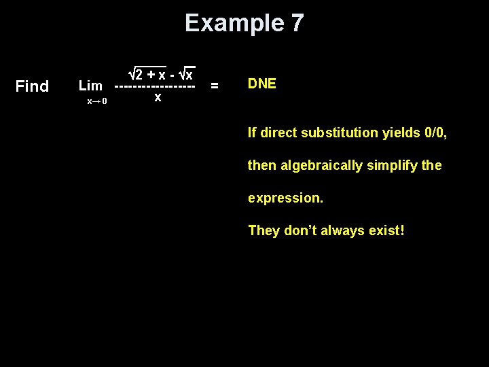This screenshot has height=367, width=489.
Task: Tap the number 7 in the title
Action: click(297, 23)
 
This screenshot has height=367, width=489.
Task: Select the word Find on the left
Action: click(32, 86)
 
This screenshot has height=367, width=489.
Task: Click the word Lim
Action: click(90, 86)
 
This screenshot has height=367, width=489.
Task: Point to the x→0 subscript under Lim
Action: click(97, 101)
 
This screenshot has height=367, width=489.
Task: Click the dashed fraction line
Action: click(155, 86)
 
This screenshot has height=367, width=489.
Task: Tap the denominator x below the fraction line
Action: click(158, 98)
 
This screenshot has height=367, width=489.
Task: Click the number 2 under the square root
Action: click(139, 73)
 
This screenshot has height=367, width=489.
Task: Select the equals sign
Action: click(215, 86)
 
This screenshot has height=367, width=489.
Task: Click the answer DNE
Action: click(261, 84)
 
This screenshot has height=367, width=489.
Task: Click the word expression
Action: click(285, 198)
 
